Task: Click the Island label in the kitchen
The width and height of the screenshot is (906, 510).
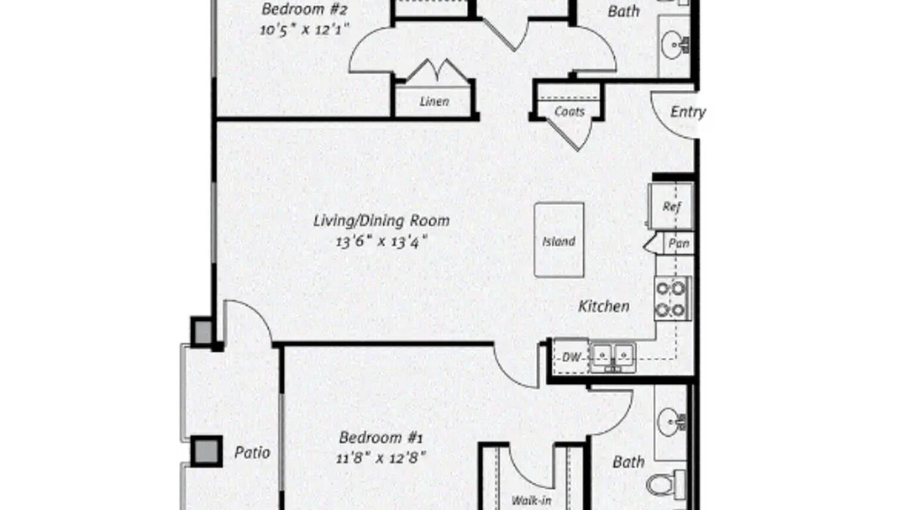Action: coord(558,242)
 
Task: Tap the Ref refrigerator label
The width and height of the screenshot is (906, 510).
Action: coord(672,207)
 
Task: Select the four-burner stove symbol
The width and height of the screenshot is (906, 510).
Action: coord(672,300)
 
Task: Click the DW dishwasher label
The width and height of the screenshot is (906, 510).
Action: coord(571,357)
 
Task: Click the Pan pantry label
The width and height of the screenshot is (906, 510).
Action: coord(679,243)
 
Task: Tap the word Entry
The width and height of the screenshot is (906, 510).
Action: coord(688,112)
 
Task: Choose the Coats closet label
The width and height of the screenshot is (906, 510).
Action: coord(570,111)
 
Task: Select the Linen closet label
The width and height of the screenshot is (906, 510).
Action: coord(435,101)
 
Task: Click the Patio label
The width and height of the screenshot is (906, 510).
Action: coord(253,453)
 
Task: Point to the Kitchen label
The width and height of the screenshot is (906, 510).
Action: coord(604,307)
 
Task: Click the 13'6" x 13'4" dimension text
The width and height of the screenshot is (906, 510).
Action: coord(382,242)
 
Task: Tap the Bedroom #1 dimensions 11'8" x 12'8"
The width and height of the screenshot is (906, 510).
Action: coord(381,458)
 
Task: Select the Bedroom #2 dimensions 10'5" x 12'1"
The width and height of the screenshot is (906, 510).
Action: coord(304,30)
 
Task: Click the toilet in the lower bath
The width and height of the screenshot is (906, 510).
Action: coord(665,484)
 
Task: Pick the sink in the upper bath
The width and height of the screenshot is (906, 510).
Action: coord(675,45)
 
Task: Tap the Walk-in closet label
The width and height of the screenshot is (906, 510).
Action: coord(531,501)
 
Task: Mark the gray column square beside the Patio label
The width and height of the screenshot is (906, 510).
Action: coord(206,451)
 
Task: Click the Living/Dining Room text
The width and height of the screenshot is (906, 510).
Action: coord(382,221)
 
